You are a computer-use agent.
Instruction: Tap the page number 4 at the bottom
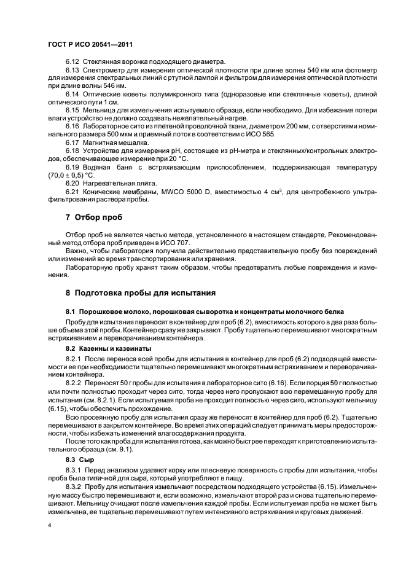(50, 526)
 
